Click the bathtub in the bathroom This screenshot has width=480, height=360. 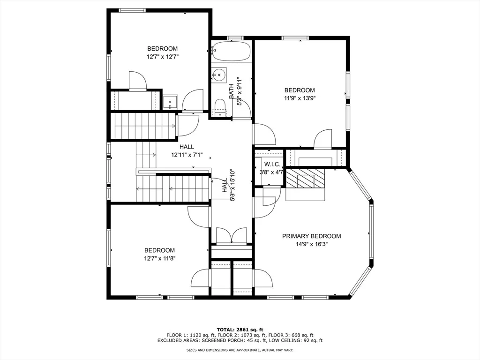[231, 51]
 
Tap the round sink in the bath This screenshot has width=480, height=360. [219, 74]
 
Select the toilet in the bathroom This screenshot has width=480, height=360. [220, 107]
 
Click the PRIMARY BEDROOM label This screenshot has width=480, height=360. [311, 236]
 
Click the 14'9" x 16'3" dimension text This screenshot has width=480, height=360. [311, 244]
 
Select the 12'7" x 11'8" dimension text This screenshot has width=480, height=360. [159, 258]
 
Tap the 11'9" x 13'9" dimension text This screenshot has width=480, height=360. [300, 98]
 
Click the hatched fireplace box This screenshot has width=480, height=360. [305, 178]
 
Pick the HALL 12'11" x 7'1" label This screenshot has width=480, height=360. [187, 151]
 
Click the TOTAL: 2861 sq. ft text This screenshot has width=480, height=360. [240, 330]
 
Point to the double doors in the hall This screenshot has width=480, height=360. [232, 236]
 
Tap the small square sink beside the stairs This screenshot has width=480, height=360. [170, 102]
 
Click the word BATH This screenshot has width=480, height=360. [231, 91]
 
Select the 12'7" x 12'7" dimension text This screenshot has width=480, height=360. [162, 57]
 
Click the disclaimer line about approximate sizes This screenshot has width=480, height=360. [240, 350]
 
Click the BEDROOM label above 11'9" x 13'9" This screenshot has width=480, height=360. [300, 90]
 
